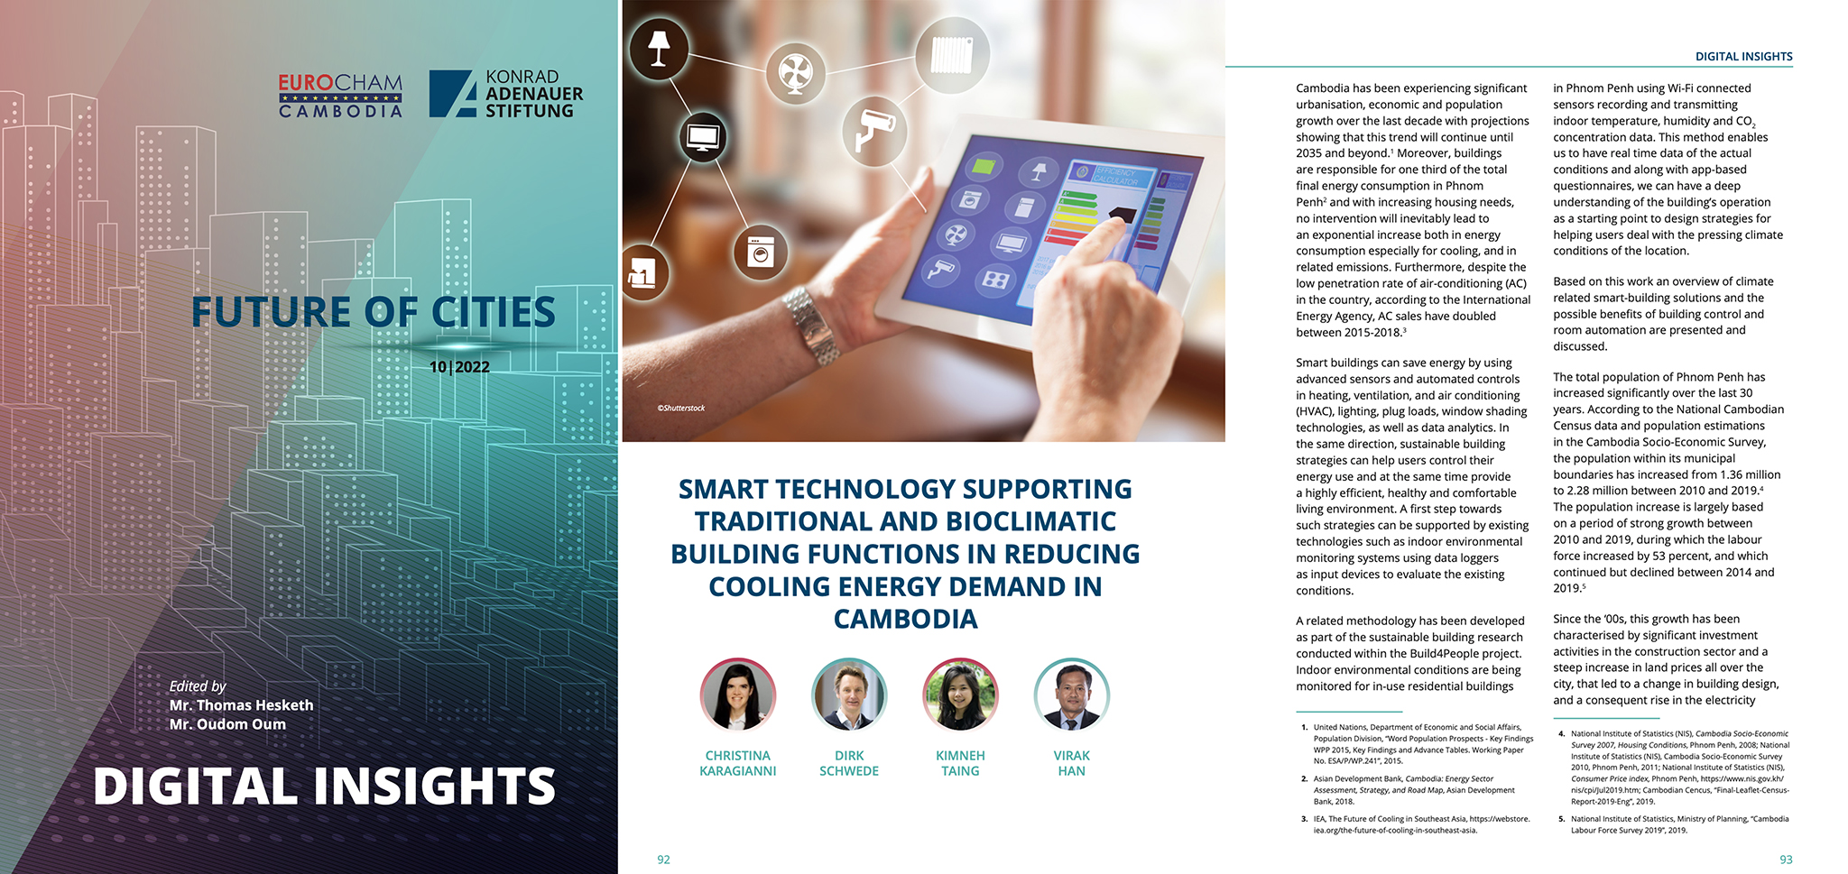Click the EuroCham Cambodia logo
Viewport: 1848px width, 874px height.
340,96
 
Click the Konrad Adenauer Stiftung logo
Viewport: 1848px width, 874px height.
505,94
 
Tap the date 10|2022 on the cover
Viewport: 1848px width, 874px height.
459,367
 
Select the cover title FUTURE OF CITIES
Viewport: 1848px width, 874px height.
373,312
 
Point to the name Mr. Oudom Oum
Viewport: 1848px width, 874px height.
227,724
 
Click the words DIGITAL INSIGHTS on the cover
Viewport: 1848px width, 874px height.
324,786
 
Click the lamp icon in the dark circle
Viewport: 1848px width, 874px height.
659,48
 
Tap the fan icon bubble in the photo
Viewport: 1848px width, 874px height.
795,73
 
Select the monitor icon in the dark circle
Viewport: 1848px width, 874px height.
702,138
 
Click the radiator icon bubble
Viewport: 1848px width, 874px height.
951,55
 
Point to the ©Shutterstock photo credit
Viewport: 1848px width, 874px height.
680,409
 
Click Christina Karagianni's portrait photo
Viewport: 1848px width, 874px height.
737,695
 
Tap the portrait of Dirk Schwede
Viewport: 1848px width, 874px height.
849,695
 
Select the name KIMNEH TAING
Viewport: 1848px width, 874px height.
960,763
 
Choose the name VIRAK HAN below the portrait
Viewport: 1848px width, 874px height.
1071,763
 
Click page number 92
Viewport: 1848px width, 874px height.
663,860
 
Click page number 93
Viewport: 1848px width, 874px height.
1785,860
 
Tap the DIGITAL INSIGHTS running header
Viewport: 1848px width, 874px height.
1743,56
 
